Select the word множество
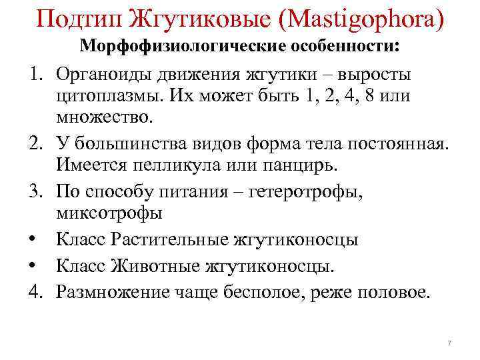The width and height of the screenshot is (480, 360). pyautogui.click(x=105, y=117)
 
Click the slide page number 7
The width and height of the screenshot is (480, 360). pyautogui.click(x=449, y=343)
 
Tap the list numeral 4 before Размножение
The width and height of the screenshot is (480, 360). pyautogui.click(x=35, y=291)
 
